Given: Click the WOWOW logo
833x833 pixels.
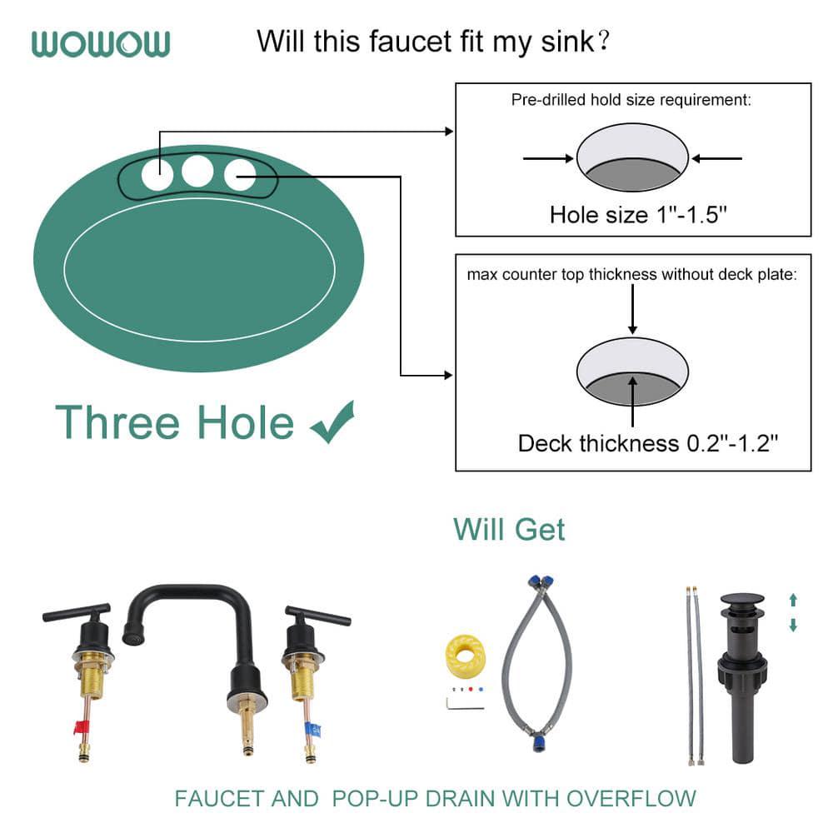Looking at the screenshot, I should (101, 43).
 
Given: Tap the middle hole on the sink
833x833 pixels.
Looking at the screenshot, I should (198, 171).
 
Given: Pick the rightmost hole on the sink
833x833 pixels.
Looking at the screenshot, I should (240, 175).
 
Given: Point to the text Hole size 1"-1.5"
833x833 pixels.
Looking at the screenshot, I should (638, 215).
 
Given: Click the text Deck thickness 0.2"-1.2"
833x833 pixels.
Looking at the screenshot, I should (647, 443).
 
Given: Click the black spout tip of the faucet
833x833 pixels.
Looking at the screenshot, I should (128, 638).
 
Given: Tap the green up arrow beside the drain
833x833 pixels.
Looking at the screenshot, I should (793, 599).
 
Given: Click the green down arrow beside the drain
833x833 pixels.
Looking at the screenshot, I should (793, 625).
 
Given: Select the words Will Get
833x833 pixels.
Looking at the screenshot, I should (509, 529).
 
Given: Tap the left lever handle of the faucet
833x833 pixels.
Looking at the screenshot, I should (75, 613).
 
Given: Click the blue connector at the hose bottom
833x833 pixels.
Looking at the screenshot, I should (531, 739).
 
